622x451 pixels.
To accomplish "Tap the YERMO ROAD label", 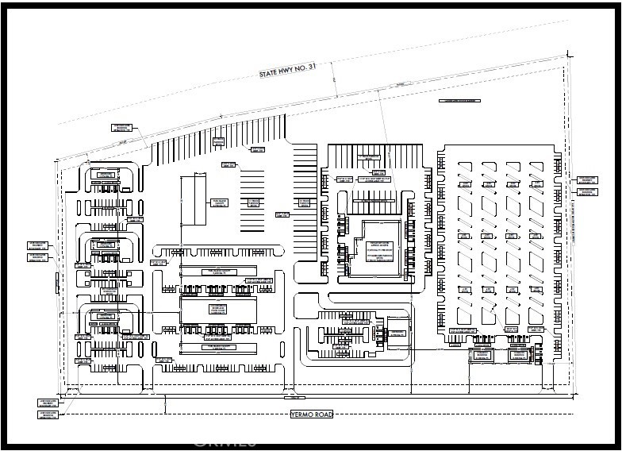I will [311, 414].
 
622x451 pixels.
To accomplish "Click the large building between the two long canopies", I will [218, 310].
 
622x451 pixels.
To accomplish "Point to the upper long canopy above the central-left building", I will [218, 272].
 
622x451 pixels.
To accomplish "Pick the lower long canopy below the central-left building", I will [218, 348].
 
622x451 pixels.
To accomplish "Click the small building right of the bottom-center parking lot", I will [397, 333].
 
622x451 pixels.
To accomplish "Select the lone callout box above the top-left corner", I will [121, 127].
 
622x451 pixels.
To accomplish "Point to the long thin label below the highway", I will [460, 102].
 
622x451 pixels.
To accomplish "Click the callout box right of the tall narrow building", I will [220, 202].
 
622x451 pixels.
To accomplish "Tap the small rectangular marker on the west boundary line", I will [57, 281].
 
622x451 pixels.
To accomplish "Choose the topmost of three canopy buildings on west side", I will [104, 175].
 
